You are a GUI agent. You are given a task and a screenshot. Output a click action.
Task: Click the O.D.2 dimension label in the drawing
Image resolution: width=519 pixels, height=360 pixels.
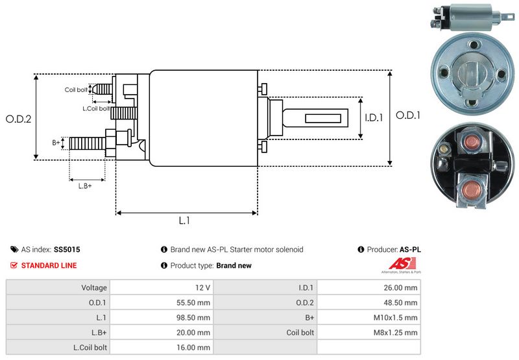[x=19, y=119]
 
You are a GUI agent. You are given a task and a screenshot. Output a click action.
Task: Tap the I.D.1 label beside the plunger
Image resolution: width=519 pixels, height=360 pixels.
[x=375, y=117]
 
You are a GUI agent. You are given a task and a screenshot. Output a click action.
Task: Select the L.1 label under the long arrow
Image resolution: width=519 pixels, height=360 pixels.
[x=184, y=221]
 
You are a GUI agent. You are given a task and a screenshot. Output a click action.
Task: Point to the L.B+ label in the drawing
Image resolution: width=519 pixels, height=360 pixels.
[x=85, y=186]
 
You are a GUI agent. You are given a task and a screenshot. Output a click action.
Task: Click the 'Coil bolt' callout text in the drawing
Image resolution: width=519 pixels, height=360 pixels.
[x=76, y=90]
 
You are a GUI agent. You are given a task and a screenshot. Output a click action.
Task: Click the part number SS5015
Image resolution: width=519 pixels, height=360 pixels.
[x=67, y=249]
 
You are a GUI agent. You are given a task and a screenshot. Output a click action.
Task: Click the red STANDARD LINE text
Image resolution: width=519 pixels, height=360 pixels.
[x=49, y=265]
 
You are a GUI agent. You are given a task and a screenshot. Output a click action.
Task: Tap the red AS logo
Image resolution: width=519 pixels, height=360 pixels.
[x=397, y=264]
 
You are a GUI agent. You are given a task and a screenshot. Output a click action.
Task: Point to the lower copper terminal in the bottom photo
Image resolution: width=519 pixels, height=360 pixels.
[x=472, y=189]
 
